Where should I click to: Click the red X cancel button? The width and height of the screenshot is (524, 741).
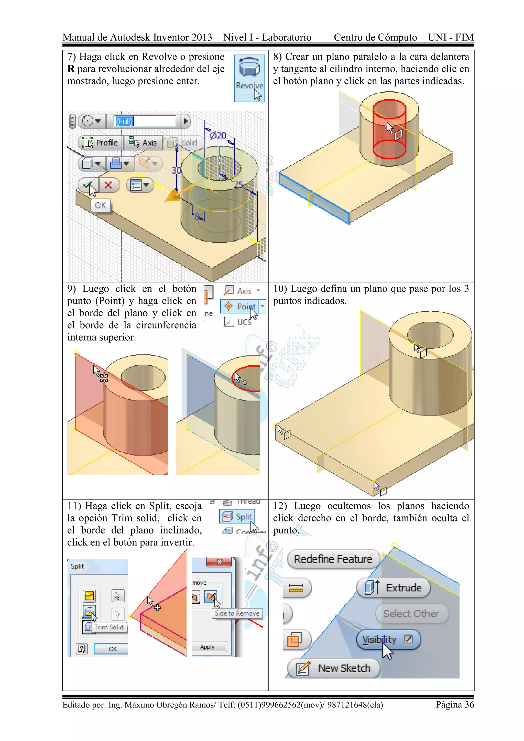108,185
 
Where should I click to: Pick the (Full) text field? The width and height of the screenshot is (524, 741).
145,121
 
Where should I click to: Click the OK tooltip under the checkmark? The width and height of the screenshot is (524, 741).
101,205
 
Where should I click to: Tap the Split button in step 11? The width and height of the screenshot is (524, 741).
237,517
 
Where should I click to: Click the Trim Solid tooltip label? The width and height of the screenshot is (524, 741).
109,627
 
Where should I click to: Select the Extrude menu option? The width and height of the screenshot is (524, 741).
394,588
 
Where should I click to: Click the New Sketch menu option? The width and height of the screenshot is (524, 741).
334,668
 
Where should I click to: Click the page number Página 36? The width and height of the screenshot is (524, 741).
455,704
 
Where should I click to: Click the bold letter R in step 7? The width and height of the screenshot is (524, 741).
71,69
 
